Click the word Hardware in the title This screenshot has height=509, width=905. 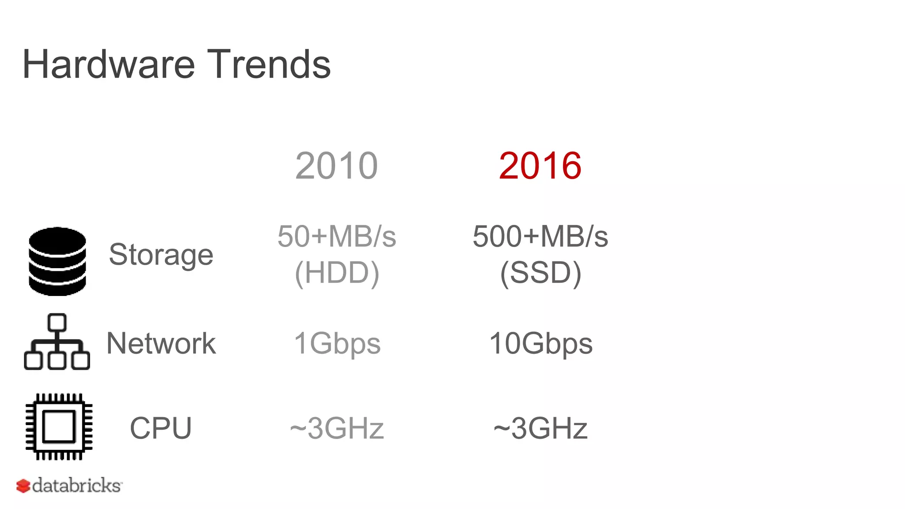(108, 65)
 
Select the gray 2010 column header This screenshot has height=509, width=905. (336, 166)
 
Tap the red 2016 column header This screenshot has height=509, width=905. (540, 166)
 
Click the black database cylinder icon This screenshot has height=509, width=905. (57, 261)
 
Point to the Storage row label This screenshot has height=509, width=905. (161, 255)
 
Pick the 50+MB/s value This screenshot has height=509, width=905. (337, 236)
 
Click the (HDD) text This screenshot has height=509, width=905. (337, 273)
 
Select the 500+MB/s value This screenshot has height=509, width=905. (540, 236)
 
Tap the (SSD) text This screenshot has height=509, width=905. (540, 273)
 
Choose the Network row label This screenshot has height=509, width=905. (161, 343)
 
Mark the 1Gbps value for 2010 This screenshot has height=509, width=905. (337, 344)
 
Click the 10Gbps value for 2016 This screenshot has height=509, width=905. (540, 344)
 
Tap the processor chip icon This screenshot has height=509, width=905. (59, 427)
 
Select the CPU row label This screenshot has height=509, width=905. (160, 428)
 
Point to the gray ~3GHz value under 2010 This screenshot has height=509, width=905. (337, 428)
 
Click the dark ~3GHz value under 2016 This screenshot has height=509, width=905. (540, 428)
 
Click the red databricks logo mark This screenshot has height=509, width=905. (23, 486)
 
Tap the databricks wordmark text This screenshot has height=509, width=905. (77, 486)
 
